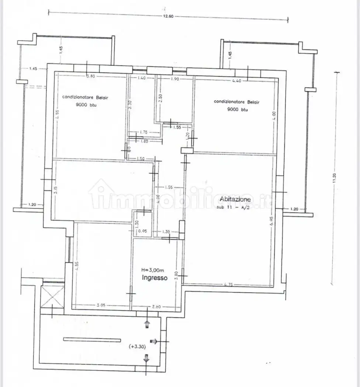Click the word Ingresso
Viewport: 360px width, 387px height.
tap(155, 278)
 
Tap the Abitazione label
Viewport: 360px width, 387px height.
tap(235, 199)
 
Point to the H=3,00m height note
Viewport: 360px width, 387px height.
tap(155, 270)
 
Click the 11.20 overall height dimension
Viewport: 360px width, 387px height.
tap(334, 178)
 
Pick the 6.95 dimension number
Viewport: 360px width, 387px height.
tap(271, 220)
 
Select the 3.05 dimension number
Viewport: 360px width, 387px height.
tap(101, 306)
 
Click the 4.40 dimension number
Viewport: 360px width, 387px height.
tap(236, 81)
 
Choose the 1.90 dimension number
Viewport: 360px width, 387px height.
tap(174, 79)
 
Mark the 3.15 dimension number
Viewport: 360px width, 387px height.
tap(55, 191)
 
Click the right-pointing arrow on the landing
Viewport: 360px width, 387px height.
tap(154, 341)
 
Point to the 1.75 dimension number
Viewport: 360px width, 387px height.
tap(144, 132)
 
